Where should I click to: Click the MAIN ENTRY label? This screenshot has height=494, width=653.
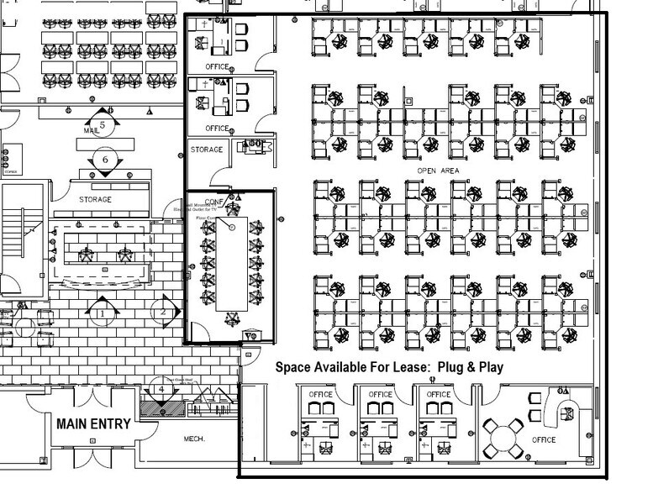(x=93, y=423)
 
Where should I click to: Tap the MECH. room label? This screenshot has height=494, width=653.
(x=195, y=439)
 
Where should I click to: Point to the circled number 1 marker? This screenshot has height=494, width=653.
(x=101, y=313)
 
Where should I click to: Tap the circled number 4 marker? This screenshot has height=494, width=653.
(x=161, y=390)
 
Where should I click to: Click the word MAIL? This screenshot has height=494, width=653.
(x=92, y=131)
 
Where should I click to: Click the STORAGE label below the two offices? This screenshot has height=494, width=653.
(x=207, y=150)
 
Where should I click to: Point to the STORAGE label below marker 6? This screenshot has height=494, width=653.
(x=95, y=199)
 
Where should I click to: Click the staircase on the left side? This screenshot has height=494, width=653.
(x=14, y=239)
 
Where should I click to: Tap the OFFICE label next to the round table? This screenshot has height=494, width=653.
(x=545, y=440)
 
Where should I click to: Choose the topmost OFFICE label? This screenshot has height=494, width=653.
(x=218, y=66)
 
